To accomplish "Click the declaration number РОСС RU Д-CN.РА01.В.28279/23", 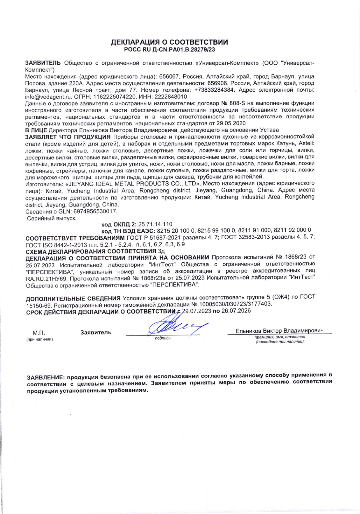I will [x=169, y=50].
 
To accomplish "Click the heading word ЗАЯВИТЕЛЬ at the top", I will [x=43, y=63].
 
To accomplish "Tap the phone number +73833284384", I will [x=214, y=90].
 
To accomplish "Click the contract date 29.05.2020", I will [x=231, y=123].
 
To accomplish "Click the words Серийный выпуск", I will [x=52, y=218].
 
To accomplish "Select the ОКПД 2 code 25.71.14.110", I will [x=155, y=224].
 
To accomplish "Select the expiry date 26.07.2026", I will [x=236, y=311].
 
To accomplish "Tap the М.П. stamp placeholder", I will [x=39, y=333].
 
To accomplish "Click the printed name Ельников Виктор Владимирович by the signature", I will [x=280, y=331].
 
